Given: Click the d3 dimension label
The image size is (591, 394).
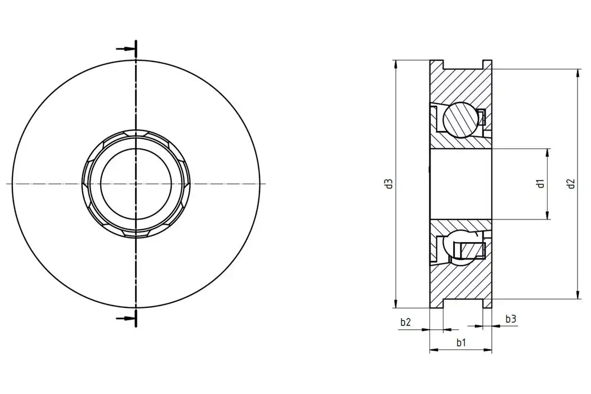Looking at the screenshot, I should tap(388, 183).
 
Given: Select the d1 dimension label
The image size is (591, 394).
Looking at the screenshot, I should tap(540, 183).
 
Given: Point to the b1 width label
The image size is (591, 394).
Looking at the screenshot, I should tap(460, 342).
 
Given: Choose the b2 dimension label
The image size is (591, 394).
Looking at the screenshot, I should tap(405, 322).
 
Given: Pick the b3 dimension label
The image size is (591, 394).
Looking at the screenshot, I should tap(511, 319).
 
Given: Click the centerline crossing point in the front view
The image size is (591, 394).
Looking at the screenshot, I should tap(136, 183).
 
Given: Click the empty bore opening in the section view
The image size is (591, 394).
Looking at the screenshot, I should tap(460, 183).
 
